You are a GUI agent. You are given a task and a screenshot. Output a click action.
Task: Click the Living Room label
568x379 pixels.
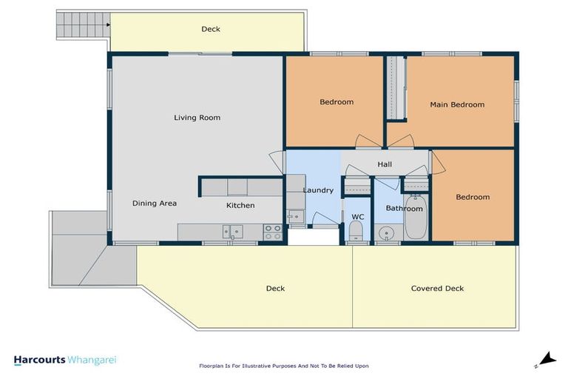pyautogui.click(x=197, y=118)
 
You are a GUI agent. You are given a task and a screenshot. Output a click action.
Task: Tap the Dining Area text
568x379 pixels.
pyautogui.click(x=154, y=204)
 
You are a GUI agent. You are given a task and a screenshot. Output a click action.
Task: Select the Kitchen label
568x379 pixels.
pyautogui.click(x=240, y=205)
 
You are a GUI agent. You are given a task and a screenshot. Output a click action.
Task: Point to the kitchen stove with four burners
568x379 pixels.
pyautogui.click(x=272, y=232)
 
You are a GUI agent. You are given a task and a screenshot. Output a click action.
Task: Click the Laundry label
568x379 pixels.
pyautogui.click(x=318, y=190)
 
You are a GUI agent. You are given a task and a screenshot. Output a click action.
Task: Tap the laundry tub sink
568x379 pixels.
pyautogui.click(x=295, y=217)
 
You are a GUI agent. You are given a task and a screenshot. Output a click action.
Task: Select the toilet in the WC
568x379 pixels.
pyautogui.click(x=356, y=235)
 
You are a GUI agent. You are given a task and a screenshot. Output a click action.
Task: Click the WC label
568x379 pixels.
pyautogui.click(x=358, y=217)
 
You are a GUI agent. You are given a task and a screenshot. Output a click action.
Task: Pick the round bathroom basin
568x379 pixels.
pyautogui.click(x=387, y=235)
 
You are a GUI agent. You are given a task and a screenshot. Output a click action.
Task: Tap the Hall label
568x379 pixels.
pyautogui.click(x=385, y=164)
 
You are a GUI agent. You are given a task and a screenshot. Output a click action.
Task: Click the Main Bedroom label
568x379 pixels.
pyautogui.click(x=457, y=104)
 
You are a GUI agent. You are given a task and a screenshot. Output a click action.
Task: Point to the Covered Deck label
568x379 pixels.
pyautogui.click(x=437, y=288)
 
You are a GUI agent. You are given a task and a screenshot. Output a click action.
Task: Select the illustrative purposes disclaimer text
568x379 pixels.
pyautogui.click(x=283, y=366)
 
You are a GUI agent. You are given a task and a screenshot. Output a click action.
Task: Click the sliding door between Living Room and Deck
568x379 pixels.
pyautogui.click(x=197, y=53)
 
